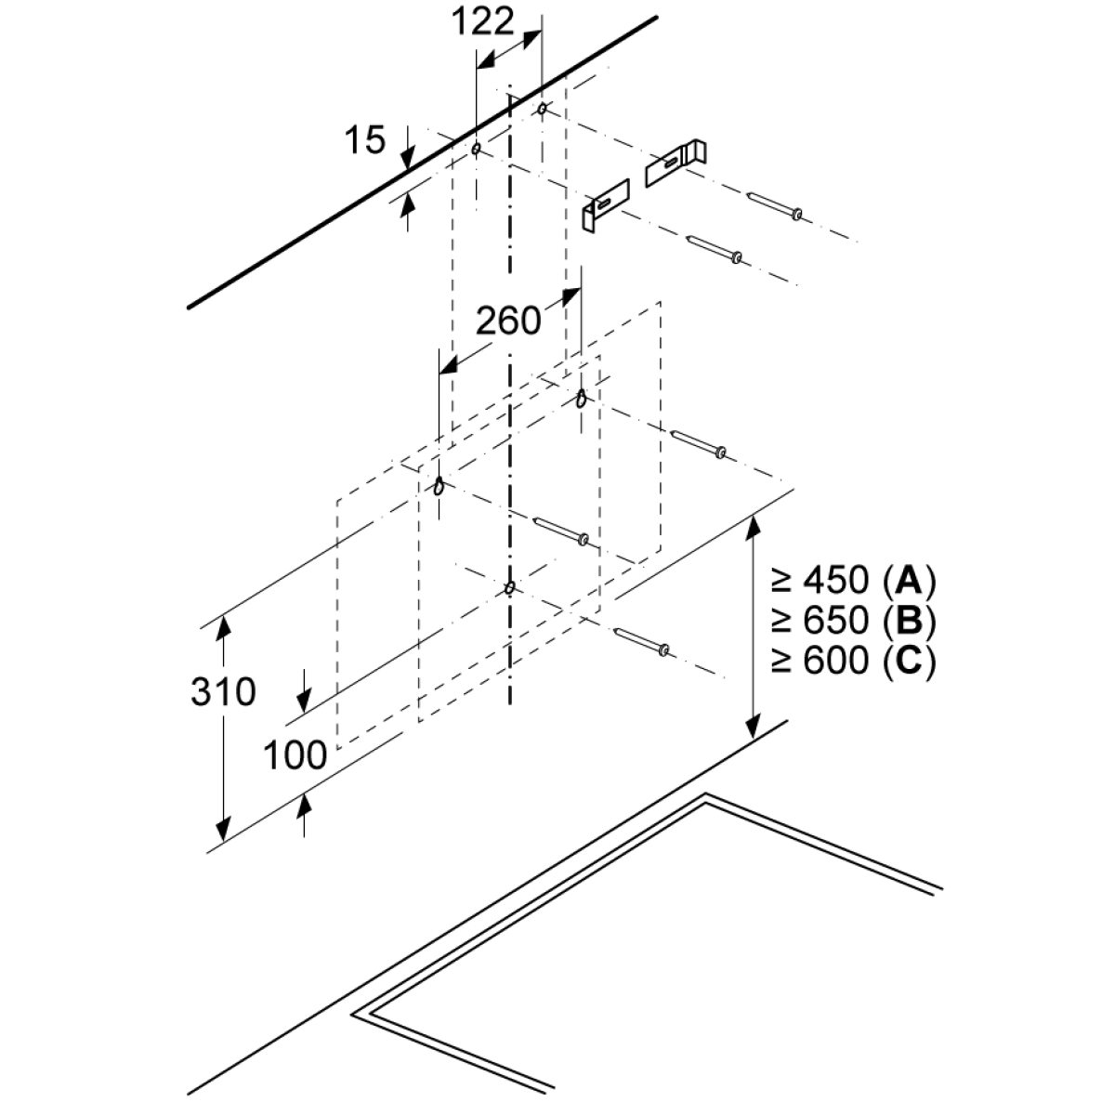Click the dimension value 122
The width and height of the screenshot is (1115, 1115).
(x=482, y=22)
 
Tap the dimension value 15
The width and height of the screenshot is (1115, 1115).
(x=365, y=139)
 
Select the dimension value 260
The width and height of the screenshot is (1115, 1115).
(x=508, y=321)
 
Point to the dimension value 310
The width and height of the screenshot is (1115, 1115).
(x=223, y=691)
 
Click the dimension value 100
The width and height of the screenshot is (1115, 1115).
(x=295, y=754)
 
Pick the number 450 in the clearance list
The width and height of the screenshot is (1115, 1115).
(x=836, y=581)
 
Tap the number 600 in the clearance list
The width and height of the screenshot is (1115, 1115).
(x=836, y=660)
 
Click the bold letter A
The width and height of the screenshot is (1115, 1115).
(x=908, y=580)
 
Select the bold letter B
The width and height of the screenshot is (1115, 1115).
(x=908, y=620)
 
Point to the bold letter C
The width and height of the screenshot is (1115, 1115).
(x=908, y=660)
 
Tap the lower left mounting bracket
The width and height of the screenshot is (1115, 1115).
(x=605, y=206)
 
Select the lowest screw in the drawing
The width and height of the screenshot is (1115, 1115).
(x=642, y=642)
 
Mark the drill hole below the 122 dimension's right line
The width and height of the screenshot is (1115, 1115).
(x=542, y=108)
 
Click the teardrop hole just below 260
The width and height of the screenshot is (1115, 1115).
(x=582, y=398)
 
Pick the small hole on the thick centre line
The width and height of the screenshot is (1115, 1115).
(x=509, y=588)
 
